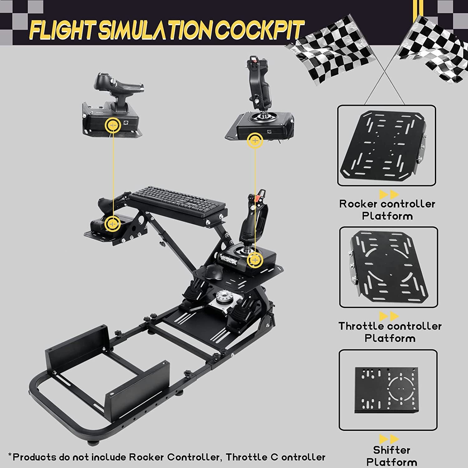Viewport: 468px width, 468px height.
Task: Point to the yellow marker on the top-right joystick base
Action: (x=255, y=141)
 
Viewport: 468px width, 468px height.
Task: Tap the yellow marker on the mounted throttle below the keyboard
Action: (x=113, y=223)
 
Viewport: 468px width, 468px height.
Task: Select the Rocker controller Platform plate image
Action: (x=386, y=145)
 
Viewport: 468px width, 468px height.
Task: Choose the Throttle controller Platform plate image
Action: (x=388, y=267)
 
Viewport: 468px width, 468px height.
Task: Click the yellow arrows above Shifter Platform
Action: (x=389, y=439)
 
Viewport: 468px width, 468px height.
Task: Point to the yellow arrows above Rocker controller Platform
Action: (x=389, y=195)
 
